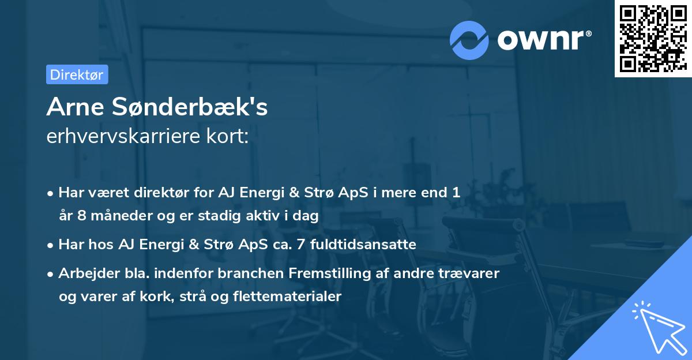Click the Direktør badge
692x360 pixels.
pyautogui.click(x=77, y=74)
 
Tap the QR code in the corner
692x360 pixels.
pyautogui.click(x=653, y=39)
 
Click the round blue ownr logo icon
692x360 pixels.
pyautogui.click(x=469, y=40)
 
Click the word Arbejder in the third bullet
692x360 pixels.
pyautogui.click(x=85, y=273)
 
